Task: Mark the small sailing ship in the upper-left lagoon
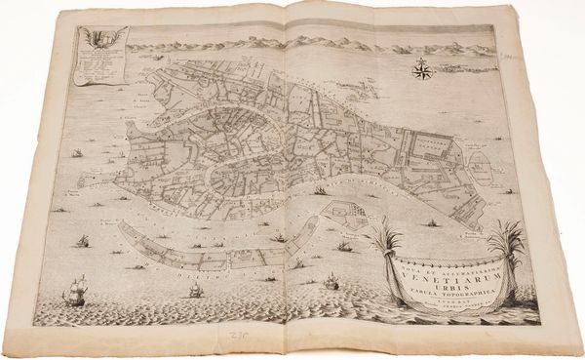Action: point(74,153)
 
